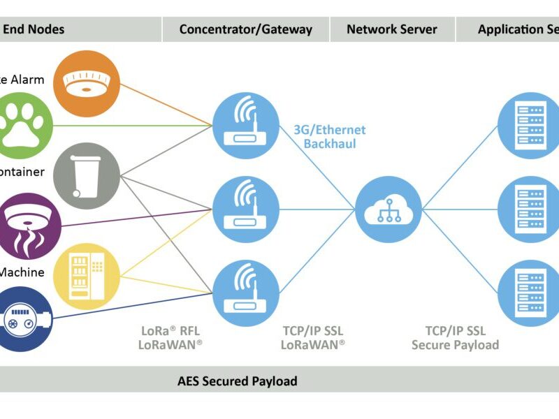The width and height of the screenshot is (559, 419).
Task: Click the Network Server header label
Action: (391, 29)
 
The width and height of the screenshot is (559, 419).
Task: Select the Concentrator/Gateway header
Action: (245, 29)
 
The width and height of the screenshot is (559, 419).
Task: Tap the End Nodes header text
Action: (34, 29)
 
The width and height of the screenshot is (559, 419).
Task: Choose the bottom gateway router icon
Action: (245, 293)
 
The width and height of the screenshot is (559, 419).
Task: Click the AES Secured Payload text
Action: (237, 381)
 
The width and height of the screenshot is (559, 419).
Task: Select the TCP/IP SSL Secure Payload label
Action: (455, 337)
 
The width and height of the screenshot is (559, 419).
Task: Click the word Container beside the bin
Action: (21, 172)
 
